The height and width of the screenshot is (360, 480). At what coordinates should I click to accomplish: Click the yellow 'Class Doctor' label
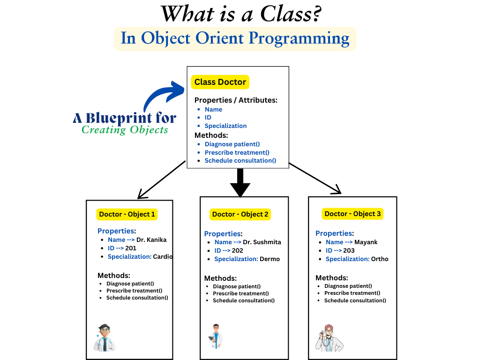pyautogui.click(x=220, y=82)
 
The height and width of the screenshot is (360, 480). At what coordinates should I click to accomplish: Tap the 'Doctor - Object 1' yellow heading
pyautogui.click(x=127, y=214)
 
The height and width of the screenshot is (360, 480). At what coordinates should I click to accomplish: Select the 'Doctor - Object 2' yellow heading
pyautogui.click(x=240, y=214)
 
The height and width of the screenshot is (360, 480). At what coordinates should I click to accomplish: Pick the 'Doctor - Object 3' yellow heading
pyautogui.click(x=353, y=214)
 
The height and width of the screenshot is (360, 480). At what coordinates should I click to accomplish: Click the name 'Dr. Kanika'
pyautogui.click(x=151, y=240)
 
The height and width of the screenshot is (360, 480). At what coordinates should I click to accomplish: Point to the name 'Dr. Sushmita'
pyautogui.click(x=262, y=242)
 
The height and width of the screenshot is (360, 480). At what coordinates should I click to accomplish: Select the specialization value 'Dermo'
pyautogui.click(x=270, y=259)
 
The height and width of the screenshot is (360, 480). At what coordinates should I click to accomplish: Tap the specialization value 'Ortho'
pyautogui.click(x=380, y=259)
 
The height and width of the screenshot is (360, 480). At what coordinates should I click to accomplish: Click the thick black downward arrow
pyautogui.click(x=240, y=183)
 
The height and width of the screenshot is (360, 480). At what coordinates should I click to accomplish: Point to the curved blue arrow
pyautogui.click(x=162, y=96)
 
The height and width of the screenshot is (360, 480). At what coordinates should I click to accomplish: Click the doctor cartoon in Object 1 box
pyautogui.click(x=105, y=337)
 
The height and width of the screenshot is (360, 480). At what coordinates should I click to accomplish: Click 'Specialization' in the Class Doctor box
pyautogui.click(x=225, y=126)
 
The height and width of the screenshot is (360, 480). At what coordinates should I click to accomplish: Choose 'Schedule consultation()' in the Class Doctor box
pyautogui.click(x=240, y=160)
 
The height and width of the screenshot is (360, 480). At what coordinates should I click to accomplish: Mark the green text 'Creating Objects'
pyautogui.click(x=125, y=130)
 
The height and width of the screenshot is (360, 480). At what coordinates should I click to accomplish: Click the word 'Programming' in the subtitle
pyautogui.click(x=300, y=38)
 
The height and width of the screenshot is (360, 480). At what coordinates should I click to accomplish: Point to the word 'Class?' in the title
pyautogui.click(x=290, y=14)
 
